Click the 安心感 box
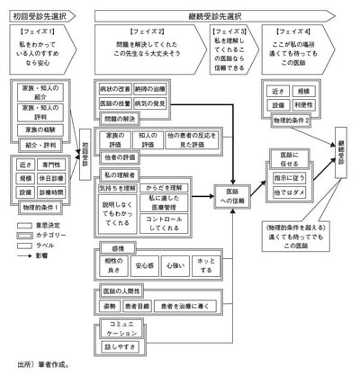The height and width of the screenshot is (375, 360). click(x=145, y=265)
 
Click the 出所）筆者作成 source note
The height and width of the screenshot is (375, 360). click(x=43, y=364)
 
